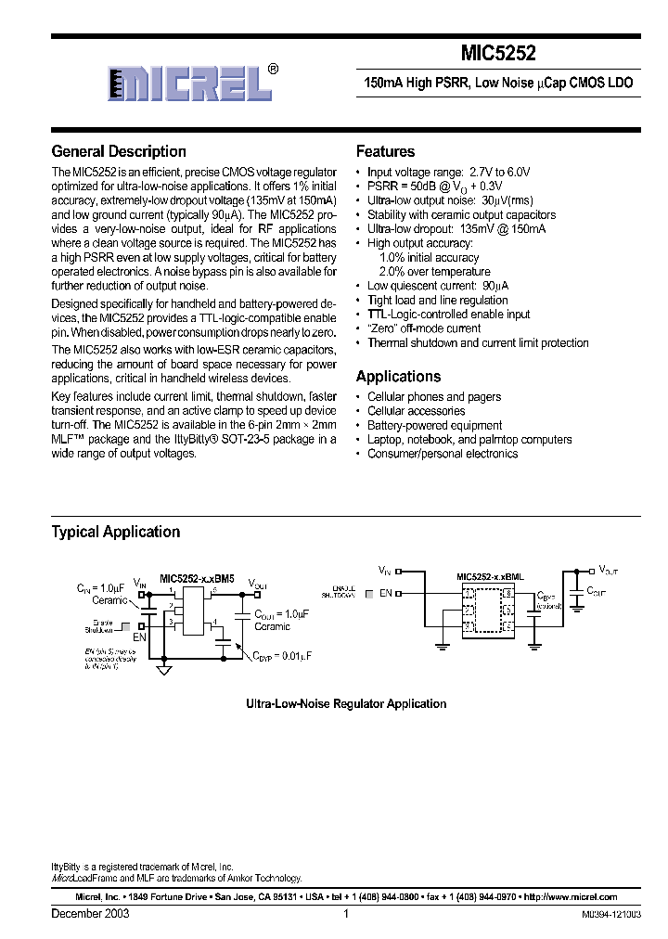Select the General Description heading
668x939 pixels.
point(119,151)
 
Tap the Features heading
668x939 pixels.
point(385,151)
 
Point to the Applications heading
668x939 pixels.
point(398,377)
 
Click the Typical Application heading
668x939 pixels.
point(115,532)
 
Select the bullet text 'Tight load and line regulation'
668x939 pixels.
point(437,300)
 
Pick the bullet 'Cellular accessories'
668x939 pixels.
point(416,411)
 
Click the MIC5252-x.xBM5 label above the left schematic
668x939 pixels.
point(197,576)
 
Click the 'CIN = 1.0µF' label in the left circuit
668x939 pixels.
point(97,586)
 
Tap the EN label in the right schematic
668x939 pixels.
point(385,593)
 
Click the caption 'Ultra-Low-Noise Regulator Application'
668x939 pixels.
point(346,704)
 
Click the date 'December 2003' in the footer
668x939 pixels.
point(90,913)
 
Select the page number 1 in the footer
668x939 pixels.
point(345,913)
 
